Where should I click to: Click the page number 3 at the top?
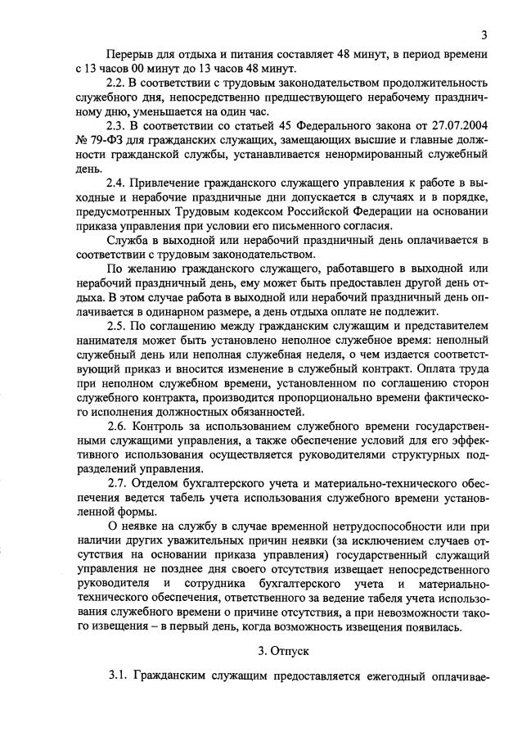click(484, 35)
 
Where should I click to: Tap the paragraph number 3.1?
click(119, 679)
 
